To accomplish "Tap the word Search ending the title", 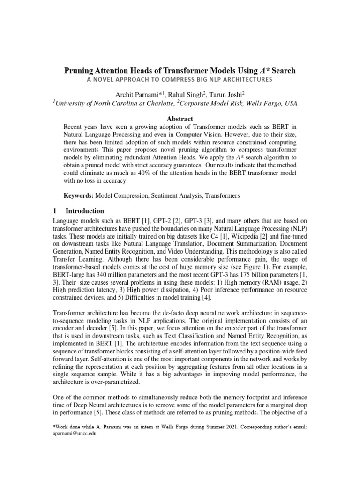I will (282, 71).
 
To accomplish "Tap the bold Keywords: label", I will (79, 196).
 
